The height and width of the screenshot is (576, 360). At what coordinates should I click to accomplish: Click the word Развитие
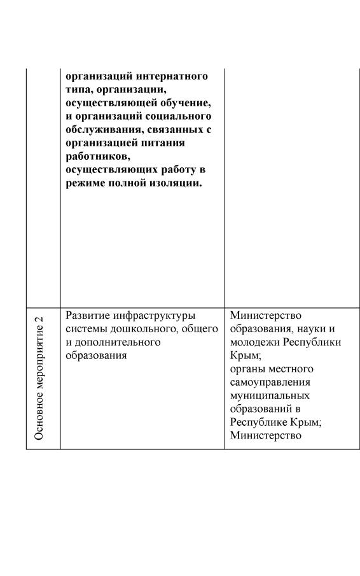(86, 316)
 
